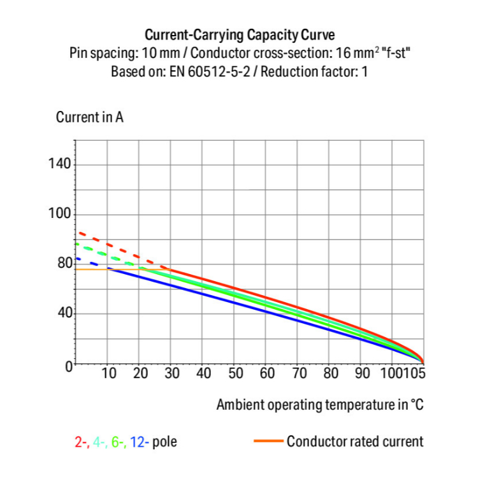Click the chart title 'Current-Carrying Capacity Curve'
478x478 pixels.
coord(239,34)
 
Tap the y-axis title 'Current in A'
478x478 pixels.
coord(89,118)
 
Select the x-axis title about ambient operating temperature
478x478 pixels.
coord(320,405)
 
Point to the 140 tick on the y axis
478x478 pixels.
coord(61,164)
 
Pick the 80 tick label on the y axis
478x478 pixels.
coord(64,263)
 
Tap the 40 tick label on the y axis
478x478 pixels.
coord(64,313)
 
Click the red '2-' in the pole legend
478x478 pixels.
coord(81,441)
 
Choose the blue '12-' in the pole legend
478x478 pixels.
coord(140,441)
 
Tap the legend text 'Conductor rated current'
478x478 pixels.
coord(354,441)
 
